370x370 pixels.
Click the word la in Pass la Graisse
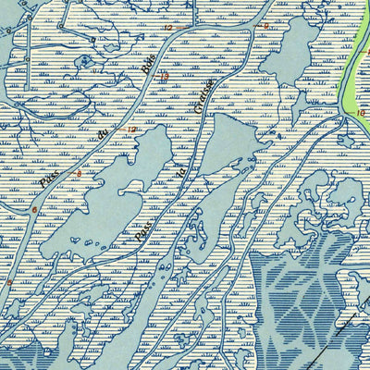click(182, 170)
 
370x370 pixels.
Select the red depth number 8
click(79, 174)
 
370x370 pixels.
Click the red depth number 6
click(34, 211)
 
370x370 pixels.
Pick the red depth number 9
click(266, 26)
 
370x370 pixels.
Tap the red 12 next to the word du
click(131, 129)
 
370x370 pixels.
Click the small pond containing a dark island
click(86, 62)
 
